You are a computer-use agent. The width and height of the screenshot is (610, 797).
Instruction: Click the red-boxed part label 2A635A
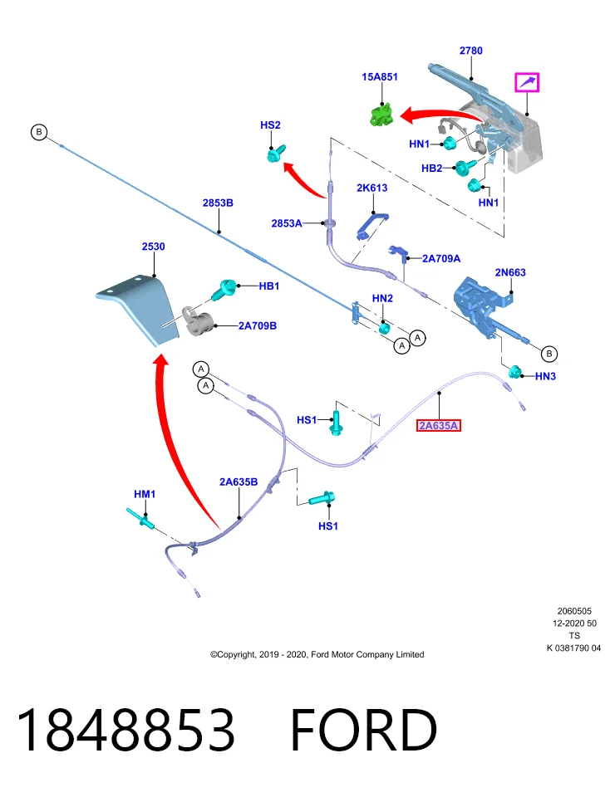[439, 425]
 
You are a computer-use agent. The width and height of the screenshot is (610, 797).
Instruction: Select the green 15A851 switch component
[381, 114]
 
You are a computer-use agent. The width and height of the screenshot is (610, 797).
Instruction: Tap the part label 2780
[470, 51]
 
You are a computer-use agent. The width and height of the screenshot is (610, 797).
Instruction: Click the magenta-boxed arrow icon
[527, 82]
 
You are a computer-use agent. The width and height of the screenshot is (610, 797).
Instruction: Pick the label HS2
[270, 125]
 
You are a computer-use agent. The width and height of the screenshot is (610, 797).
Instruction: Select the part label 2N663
[510, 272]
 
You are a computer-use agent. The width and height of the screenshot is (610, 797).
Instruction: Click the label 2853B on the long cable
[218, 203]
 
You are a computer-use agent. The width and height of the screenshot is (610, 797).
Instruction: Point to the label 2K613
[372, 188]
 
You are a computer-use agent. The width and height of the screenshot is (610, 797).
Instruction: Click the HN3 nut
[516, 372]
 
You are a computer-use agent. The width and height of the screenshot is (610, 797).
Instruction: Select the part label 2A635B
[239, 482]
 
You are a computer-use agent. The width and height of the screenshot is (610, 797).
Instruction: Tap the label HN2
[382, 298]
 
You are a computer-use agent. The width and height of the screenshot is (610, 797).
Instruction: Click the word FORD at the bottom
[364, 730]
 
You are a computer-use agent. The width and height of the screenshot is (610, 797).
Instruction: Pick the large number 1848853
[125, 730]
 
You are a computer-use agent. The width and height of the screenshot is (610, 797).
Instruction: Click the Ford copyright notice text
[317, 655]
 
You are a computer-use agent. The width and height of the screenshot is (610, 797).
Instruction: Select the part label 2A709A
[441, 259]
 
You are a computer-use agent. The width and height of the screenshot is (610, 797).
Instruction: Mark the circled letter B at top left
[39, 132]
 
